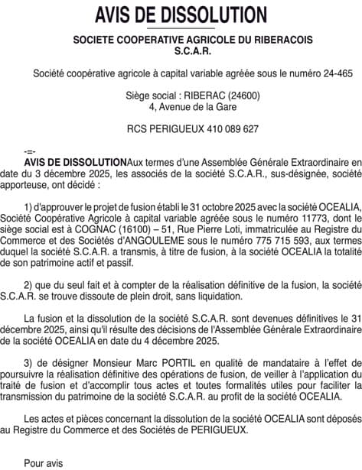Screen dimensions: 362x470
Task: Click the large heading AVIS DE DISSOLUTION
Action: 181,15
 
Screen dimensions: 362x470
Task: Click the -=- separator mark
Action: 30,151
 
